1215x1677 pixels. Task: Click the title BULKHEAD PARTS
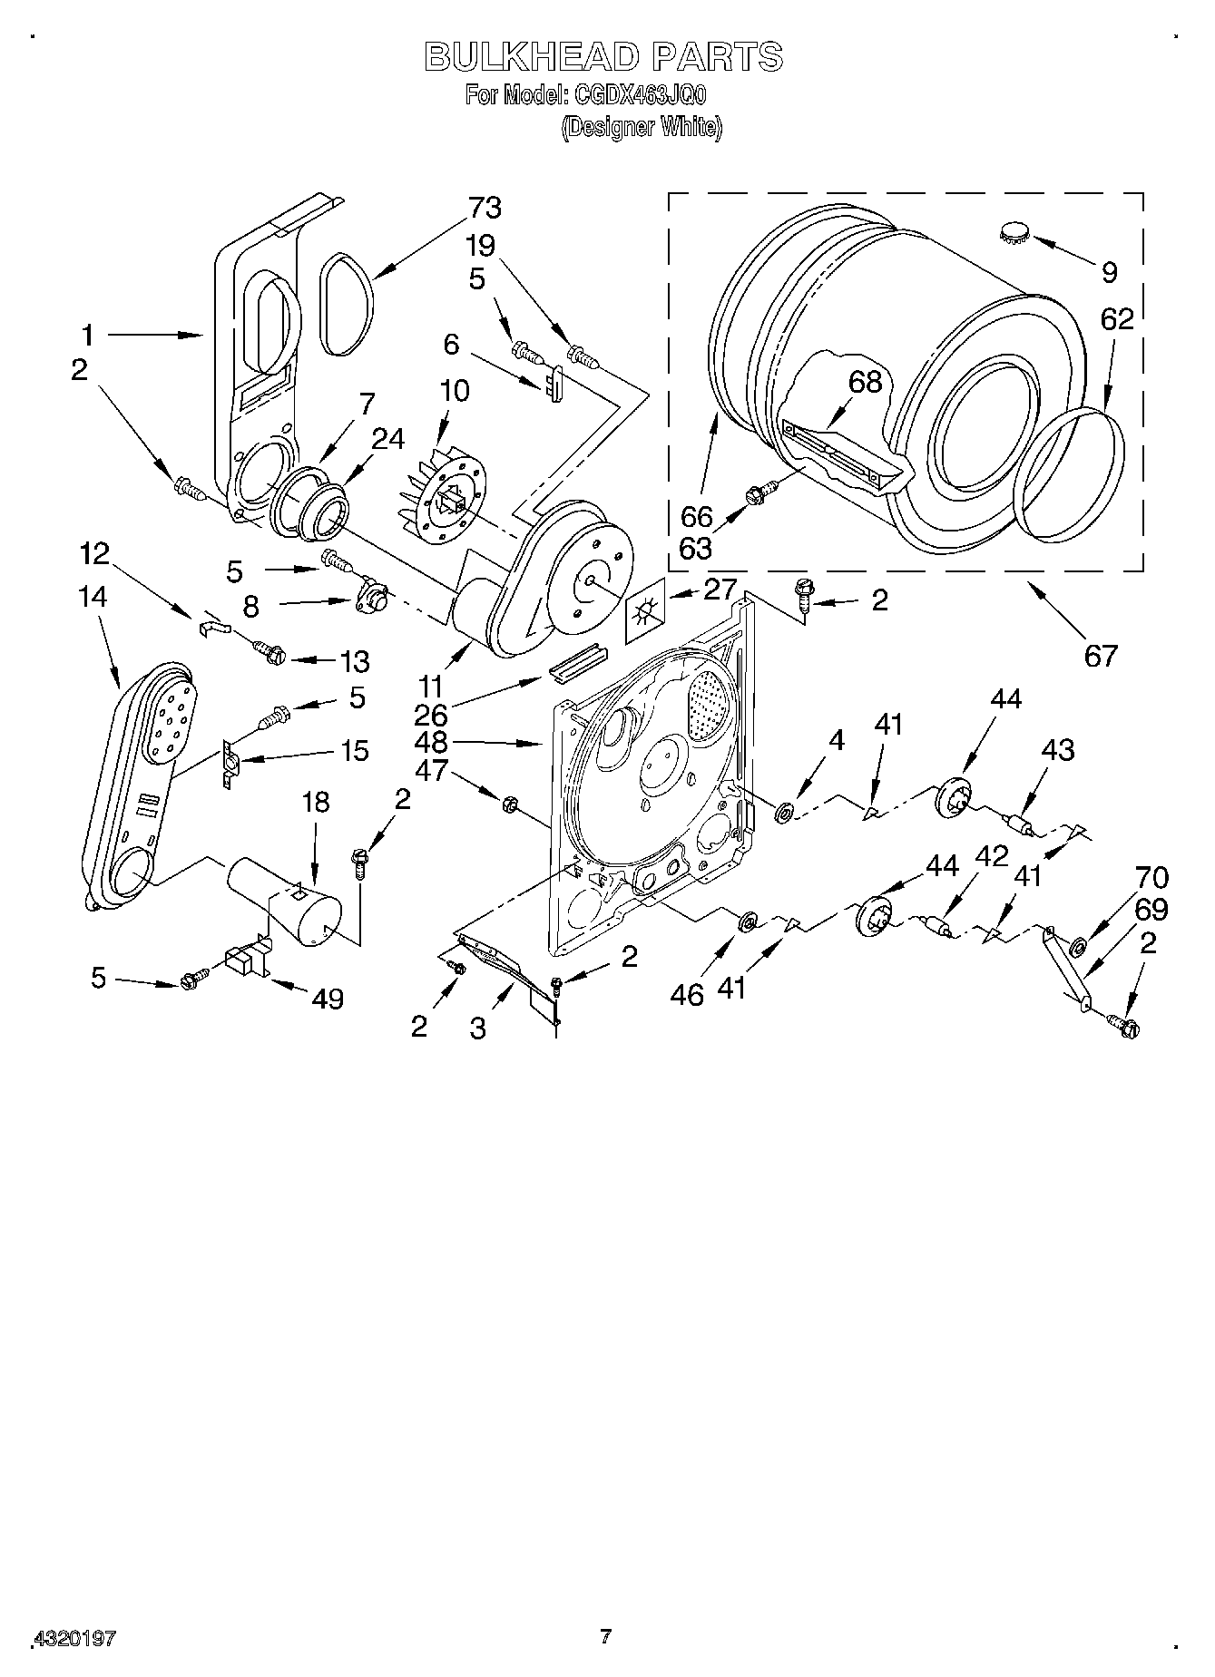(x=603, y=57)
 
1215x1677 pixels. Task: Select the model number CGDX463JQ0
(x=637, y=94)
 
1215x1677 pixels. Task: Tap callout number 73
(x=485, y=208)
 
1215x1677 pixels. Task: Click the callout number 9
(x=1109, y=271)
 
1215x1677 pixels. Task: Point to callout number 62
(x=1117, y=319)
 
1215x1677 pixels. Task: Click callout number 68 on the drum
(x=865, y=382)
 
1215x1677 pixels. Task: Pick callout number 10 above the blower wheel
(x=454, y=392)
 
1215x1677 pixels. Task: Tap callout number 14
(x=93, y=597)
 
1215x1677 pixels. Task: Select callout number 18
(x=315, y=802)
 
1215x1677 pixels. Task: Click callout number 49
(x=328, y=999)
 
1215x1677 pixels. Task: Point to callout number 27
(x=720, y=590)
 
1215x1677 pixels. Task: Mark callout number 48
(x=432, y=742)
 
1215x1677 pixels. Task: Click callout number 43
(x=1057, y=749)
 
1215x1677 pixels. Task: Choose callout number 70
(x=1151, y=878)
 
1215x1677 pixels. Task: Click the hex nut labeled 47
(x=510, y=802)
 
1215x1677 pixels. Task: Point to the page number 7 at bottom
(x=606, y=1636)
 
